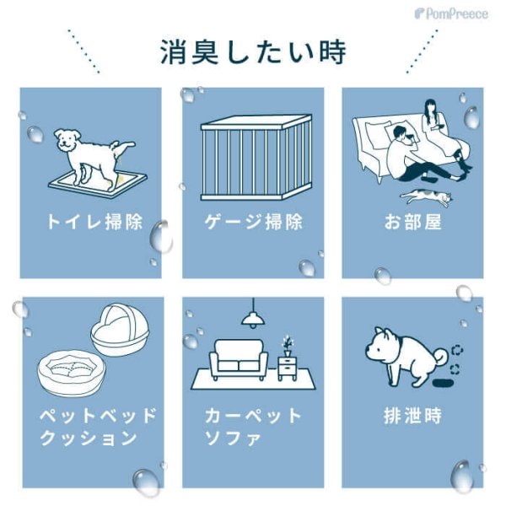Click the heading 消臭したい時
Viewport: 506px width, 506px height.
coord(253,51)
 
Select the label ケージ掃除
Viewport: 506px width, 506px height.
coord(253,223)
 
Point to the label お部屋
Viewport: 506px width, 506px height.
coord(412,223)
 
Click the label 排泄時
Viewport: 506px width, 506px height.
coord(412,416)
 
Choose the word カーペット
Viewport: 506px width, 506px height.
coord(253,417)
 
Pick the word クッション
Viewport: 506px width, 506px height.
coord(89,438)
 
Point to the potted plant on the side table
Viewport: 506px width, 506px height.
coord(288,343)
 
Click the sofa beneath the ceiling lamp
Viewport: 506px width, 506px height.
coord(241,359)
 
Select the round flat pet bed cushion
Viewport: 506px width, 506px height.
coord(72,370)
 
